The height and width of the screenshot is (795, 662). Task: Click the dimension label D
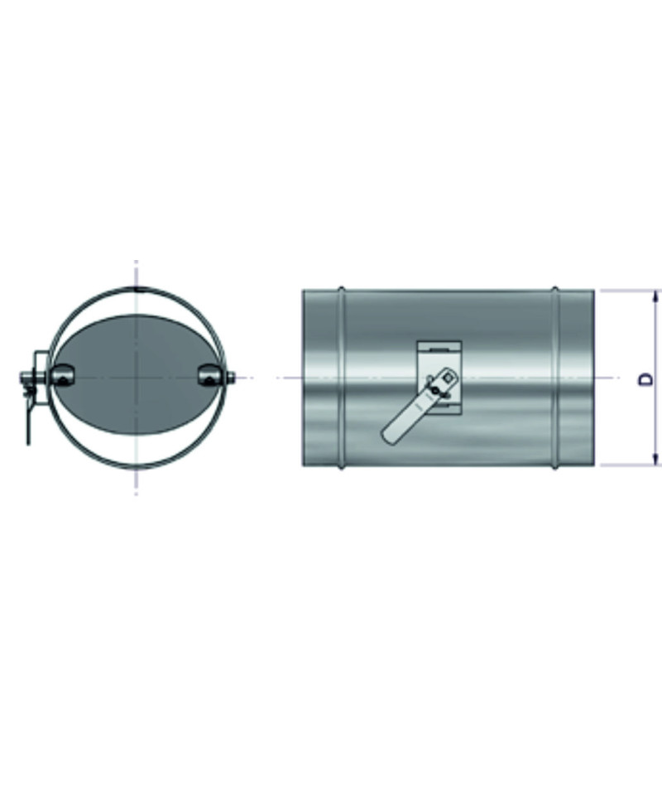point(646,379)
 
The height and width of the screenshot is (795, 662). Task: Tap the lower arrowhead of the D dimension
point(656,460)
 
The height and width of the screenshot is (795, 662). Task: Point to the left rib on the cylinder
point(342,378)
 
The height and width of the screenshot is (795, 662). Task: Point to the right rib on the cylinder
point(555,378)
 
